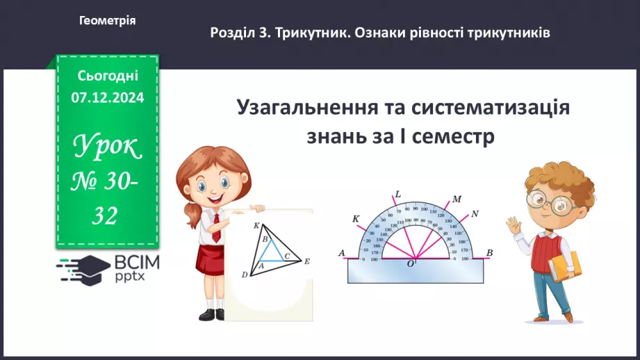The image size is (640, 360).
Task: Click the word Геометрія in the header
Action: [x=108, y=21]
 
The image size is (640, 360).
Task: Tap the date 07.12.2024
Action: [x=107, y=98]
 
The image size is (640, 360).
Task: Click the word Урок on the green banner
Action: [x=107, y=147]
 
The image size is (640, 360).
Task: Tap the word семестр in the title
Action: [x=454, y=136]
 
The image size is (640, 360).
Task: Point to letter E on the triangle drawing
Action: [x=306, y=262]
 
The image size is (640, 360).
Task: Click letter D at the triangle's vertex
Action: [x=245, y=275]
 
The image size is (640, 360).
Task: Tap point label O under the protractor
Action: [x=411, y=264]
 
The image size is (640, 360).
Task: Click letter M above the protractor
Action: [x=457, y=199]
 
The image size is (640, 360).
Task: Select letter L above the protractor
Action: [x=397, y=194]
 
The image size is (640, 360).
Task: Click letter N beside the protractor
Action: [x=475, y=213]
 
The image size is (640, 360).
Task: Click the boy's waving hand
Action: [x=514, y=226]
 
